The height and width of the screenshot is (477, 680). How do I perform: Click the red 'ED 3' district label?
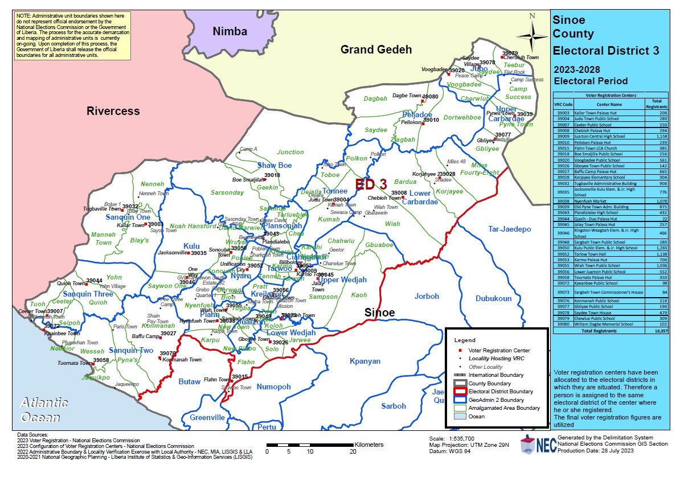(x=371, y=184)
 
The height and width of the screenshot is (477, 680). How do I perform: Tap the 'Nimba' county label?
(x=230, y=31)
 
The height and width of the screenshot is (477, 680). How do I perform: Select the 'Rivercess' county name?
(x=113, y=110)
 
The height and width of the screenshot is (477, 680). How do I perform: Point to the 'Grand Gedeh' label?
(x=376, y=50)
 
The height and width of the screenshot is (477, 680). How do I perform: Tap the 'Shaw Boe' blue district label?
(x=275, y=165)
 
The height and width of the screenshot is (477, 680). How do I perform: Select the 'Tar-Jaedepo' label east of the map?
(x=509, y=229)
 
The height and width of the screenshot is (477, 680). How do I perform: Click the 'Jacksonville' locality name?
(x=172, y=253)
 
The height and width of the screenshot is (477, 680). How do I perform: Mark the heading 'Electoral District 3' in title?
(x=606, y=51)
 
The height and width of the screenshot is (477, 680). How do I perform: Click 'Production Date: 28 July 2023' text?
(x=596, y=450)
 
